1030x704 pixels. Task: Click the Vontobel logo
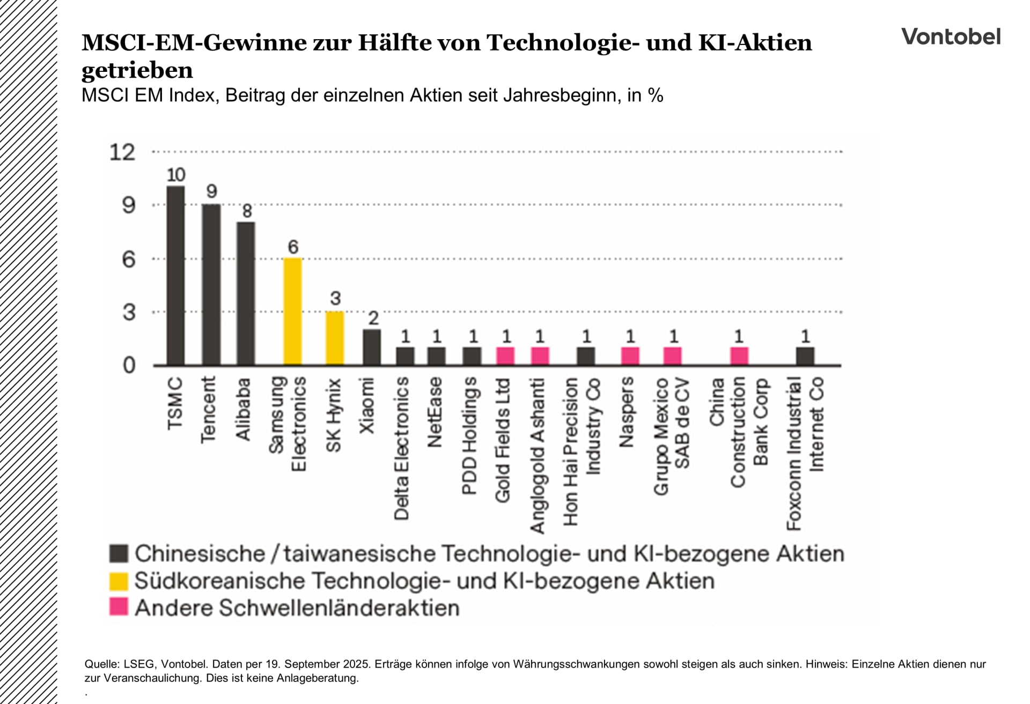(x=951, y=36)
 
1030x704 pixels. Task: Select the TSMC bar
(x=175, y=276)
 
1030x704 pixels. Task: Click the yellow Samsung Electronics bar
(x=292, y=312)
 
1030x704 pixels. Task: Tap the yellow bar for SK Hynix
(x=335, y=338)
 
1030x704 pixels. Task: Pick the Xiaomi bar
(x=372, y=347)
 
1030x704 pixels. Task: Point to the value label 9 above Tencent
(x=211, y=191)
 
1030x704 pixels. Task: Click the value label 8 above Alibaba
(x=247, y=211)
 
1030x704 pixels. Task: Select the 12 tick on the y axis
(x=122, y=152)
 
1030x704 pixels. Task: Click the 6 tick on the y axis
(x=129, y=260)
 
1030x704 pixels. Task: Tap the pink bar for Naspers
(x=630, y=356)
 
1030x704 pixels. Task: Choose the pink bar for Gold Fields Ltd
(x=505, y=356)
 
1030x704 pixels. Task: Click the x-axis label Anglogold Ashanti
(x=538, y=456)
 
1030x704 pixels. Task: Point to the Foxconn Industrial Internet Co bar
(x=805, y=356)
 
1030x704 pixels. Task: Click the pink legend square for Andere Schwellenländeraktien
(x=119, y=607)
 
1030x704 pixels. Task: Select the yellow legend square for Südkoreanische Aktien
(x=119, y=581)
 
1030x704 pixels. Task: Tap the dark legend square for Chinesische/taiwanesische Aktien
(x=119, y=553)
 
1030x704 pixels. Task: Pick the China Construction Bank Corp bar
(x=739, y=356)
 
